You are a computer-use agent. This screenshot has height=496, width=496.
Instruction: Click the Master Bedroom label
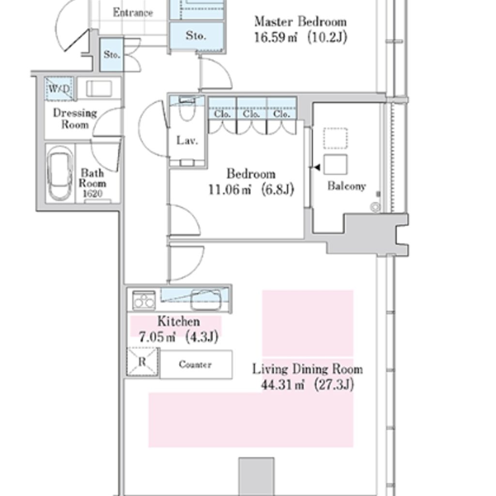coord(300,22)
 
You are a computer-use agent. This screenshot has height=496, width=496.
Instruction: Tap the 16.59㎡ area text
coord(276,37)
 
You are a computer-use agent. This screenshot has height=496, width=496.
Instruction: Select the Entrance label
coord(133,13)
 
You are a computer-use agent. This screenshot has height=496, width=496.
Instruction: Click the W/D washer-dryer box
coord(59,89)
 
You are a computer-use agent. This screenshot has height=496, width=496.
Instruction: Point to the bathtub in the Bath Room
coord(60,173)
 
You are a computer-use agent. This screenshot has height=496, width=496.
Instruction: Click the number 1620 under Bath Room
coord(93,194)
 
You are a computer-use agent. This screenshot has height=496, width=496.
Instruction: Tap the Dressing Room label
coord(75,119)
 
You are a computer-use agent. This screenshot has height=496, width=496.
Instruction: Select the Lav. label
coord(187,140)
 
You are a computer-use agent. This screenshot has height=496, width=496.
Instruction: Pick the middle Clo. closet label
coord(251,113)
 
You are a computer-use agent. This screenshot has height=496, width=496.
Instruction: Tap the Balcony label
coord(347,186)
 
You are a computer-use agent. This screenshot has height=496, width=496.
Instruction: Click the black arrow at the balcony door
coord(317,167)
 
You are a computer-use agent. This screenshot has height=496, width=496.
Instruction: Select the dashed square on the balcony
coord(335,138)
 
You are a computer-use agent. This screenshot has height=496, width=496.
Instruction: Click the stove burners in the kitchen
coord(144,300)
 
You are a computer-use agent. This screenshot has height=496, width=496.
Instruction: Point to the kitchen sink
coord(205,299)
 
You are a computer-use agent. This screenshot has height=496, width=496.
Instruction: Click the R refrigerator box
coord(142,362)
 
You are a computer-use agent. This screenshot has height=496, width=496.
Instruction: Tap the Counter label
coord(195,364)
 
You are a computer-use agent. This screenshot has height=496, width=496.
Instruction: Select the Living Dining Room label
coord(308,369)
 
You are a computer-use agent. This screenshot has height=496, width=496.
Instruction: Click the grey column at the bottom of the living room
coord(256,477)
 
